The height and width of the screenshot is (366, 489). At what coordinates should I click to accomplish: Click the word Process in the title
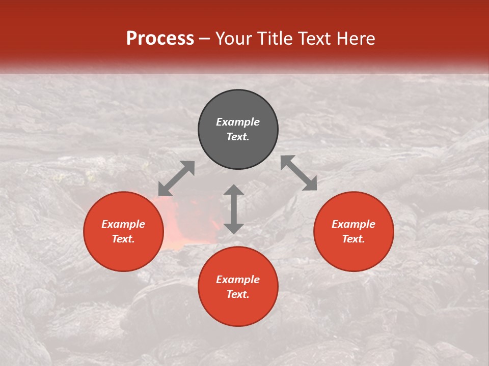(x=160, y=39)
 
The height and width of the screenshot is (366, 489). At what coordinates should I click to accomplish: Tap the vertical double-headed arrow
(x=234, y=209)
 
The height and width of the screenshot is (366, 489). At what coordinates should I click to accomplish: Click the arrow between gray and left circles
(x=176, y=178)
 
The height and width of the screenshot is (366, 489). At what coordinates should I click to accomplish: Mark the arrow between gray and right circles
(x=299, y=173)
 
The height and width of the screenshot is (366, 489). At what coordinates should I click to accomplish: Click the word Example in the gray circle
(x=238, y=122)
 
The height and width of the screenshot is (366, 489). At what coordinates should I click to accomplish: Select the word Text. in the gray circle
(x=238, y=137)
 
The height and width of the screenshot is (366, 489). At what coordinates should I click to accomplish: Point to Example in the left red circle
(x=123, y=224)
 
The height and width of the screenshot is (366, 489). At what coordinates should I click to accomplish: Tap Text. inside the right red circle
(x=354, y=239)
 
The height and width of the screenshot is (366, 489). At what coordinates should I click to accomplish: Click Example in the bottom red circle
(x=238, y=280)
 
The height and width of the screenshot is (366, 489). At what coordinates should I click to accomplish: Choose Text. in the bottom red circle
(x=238, y=294)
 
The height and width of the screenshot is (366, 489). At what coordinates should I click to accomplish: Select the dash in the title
(x=205, y=39)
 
